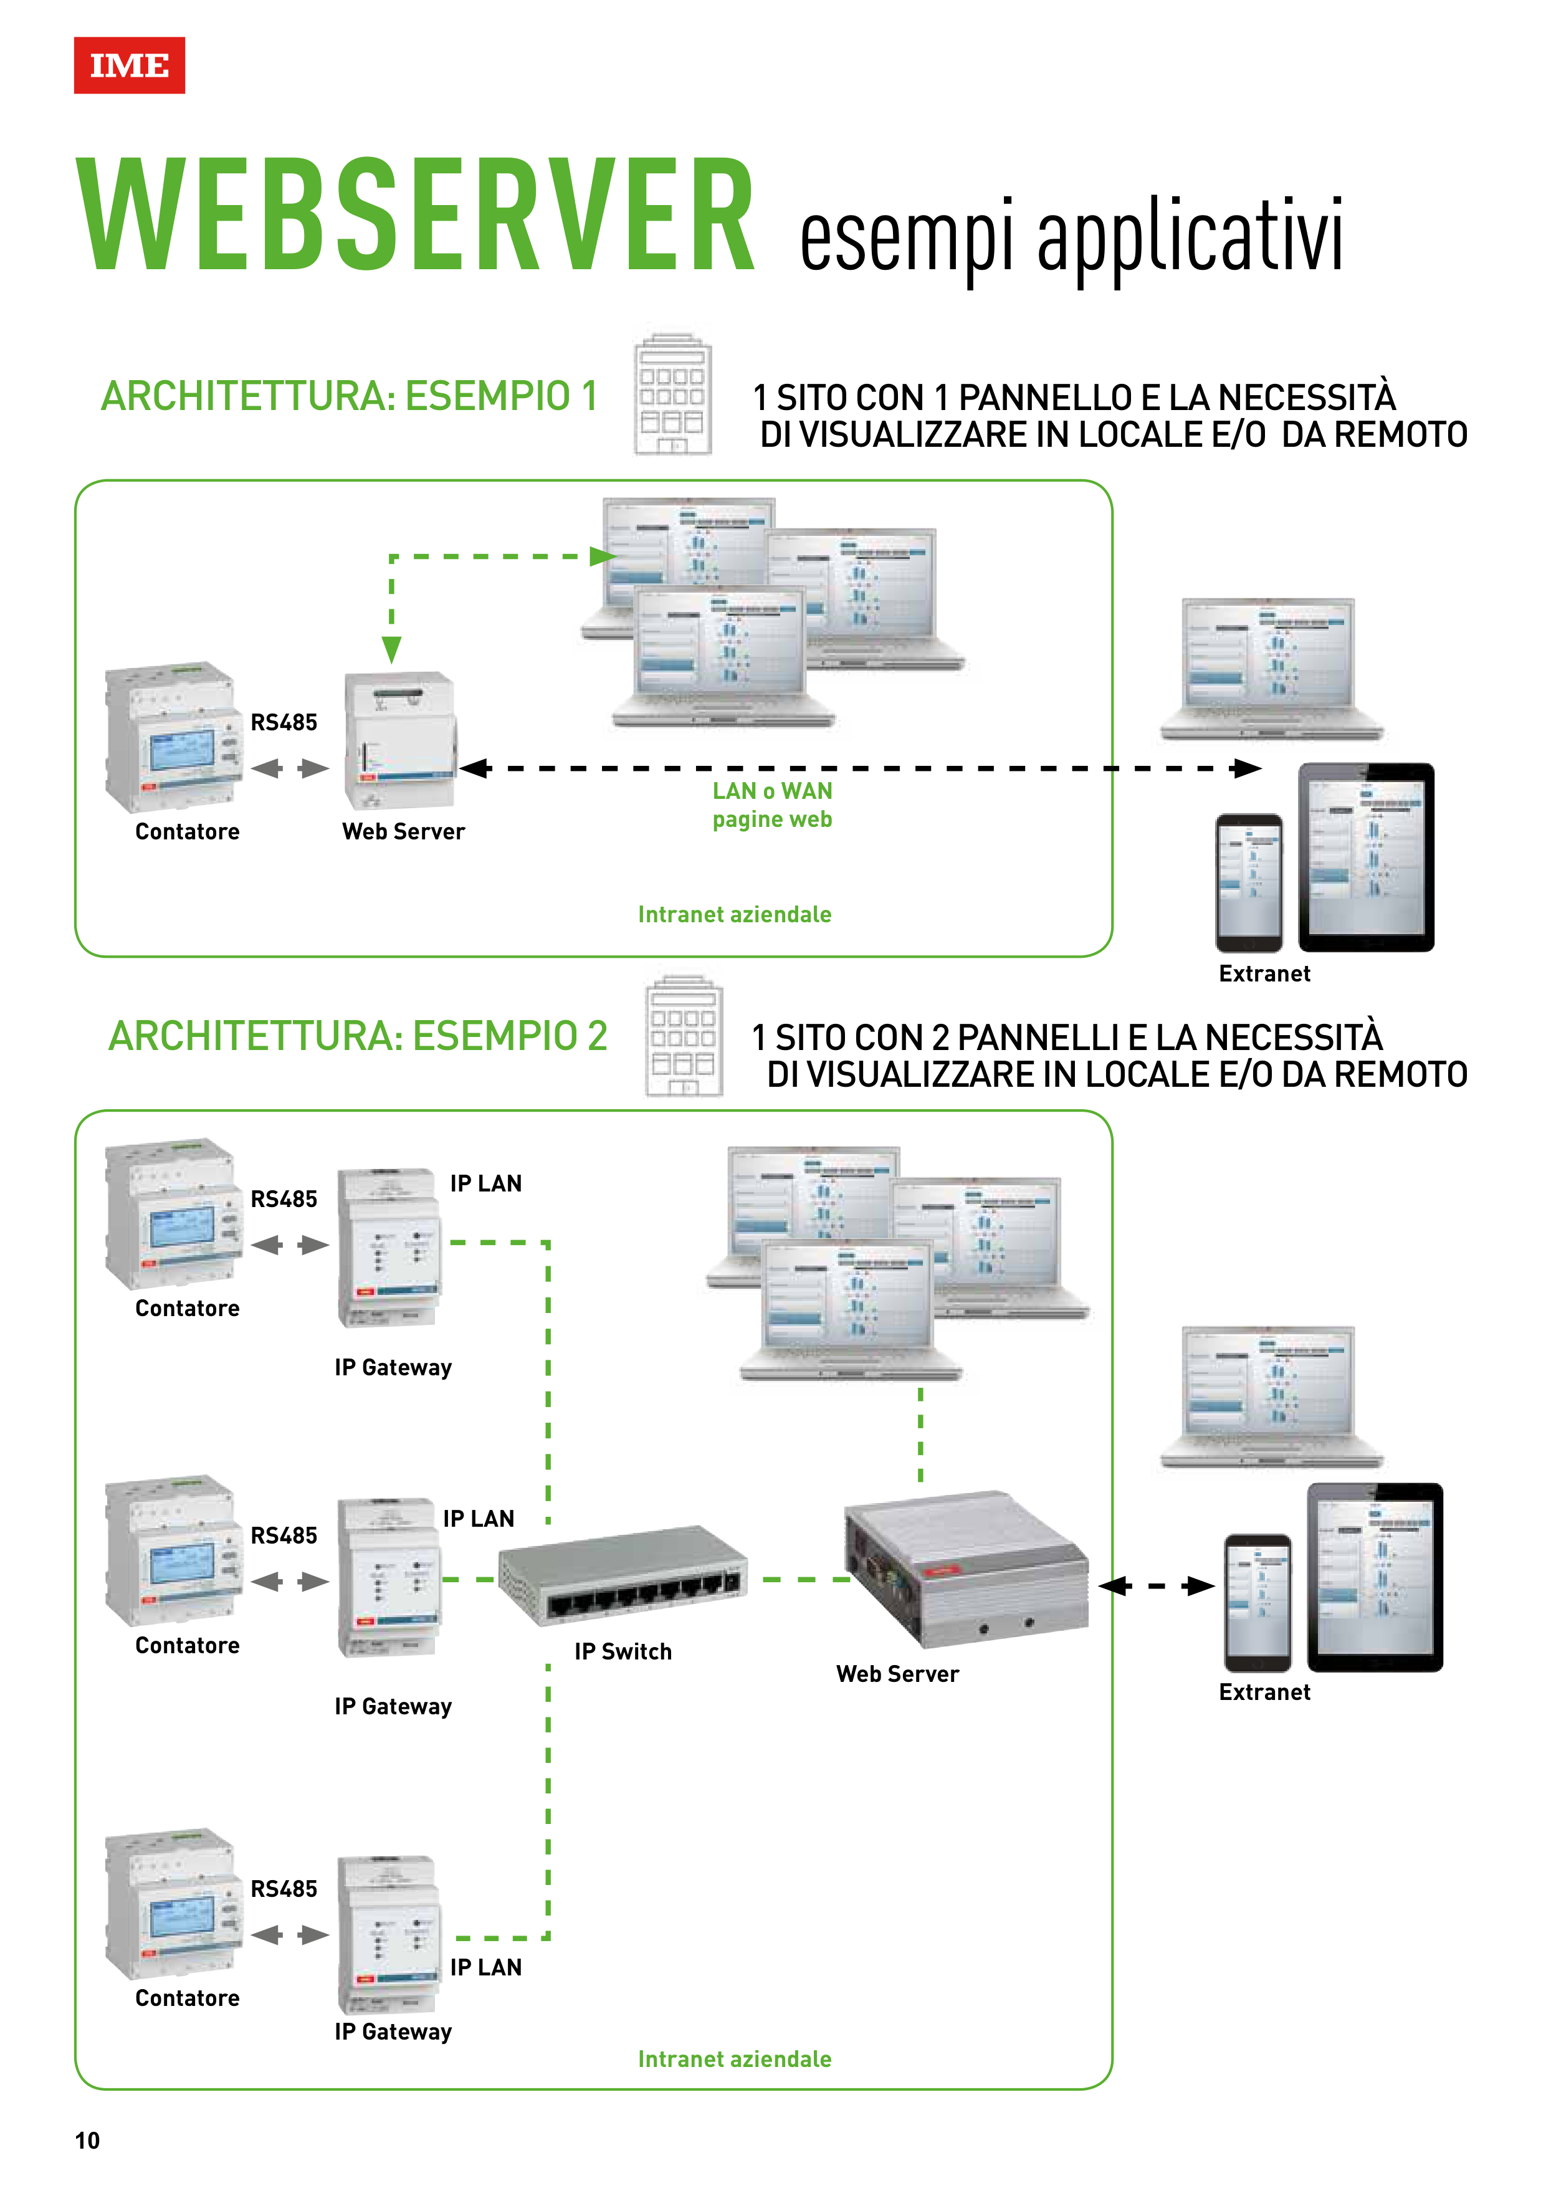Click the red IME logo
pos(130,65)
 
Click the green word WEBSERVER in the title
pos(416,215)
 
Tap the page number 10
pos(87,2141)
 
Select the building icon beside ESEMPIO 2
pos(684,1036)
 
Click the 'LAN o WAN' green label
pos(771,791)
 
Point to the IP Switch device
pos(623,1573)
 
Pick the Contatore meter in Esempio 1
pos(173,736)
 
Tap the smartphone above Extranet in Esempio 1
pos(1248,882)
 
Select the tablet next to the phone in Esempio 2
pos(1375,1577)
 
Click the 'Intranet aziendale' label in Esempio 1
pos(734,915)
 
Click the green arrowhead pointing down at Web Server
pos(391,650)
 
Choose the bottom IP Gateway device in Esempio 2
pos(389,1934)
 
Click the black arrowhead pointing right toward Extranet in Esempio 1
pos(1246,768)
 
